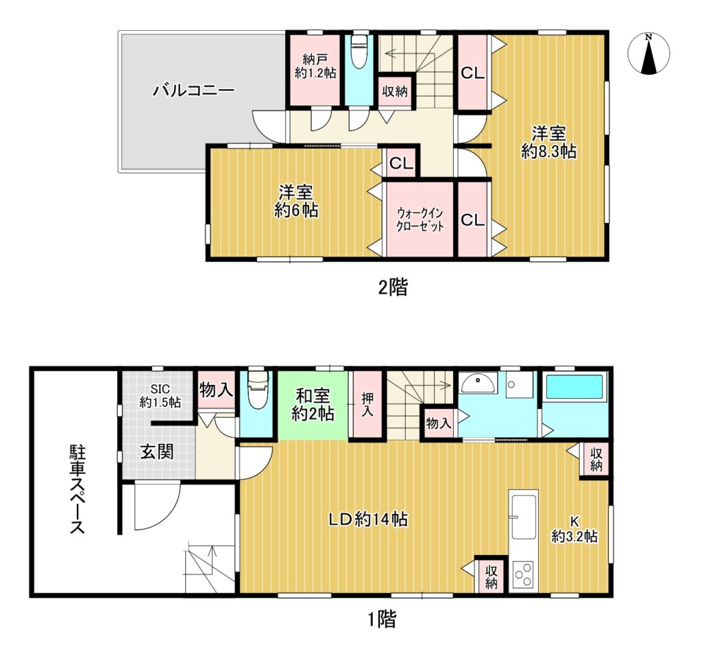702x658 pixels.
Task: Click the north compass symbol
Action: click(x=649, y=54)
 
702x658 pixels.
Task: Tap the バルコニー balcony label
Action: click(x=194, y=91)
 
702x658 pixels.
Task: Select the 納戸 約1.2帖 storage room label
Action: click(x=315, y=66)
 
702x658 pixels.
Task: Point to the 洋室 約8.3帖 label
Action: click(x=548, y=143)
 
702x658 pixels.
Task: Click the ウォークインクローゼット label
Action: click(x=420, y=219)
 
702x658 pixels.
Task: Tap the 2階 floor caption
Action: click(x=394, y=287)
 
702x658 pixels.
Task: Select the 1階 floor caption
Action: click(x=382, y=620)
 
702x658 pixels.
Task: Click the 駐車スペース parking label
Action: click(x=77, y=489)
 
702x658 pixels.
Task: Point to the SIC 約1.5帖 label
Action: click(x=160, y=396)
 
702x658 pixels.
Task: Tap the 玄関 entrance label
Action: click(x=157, y=451)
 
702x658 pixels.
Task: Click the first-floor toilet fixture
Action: click(x=257, y=388)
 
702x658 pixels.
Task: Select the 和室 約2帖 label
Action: click(x=313, y=405)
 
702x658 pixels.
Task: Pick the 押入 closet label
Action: click(x=367, y=404)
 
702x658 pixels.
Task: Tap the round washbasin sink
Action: click(x=478, y=383)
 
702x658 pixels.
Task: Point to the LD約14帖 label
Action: click(x=368, y=519)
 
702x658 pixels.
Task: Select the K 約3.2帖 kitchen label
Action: click(x=574, y=529)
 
